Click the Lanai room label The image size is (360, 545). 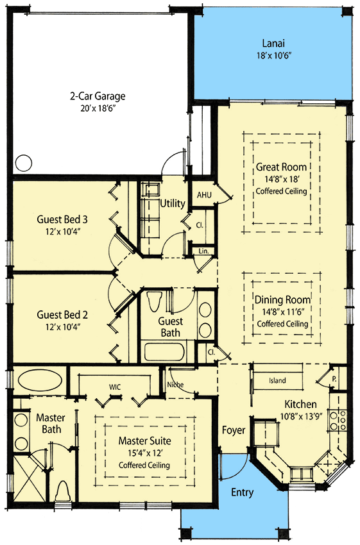pos(273,44)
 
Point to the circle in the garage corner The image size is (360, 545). pos(24,163)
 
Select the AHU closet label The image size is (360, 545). pos(204,195)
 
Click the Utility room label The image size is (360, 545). pos(173,203)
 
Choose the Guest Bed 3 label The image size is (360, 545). pos(62,219)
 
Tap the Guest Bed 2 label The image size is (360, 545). pos(62,315)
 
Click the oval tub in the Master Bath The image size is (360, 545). pos(37,379)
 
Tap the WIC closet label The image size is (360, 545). pos(116,387)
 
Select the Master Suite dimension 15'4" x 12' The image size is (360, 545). pos(144,453)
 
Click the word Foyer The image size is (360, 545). pos(234,430)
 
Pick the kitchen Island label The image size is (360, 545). pos(277,381)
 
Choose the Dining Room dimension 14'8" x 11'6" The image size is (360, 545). pos(282,312)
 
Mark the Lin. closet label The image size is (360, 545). pos(203,251)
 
